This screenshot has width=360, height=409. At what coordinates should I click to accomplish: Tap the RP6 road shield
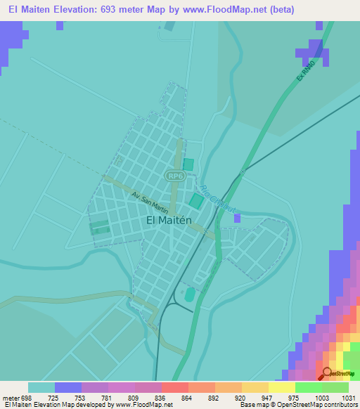pyautogui.click(x=175, y=176)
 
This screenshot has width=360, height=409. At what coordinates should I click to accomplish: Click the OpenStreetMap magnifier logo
pyautogui.click(x=327, y=373)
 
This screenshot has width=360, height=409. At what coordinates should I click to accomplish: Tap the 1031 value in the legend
pyautogui.click(x=347, y=397)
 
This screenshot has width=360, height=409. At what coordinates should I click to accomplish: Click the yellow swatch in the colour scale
pyautogui.click(x=281, y=387)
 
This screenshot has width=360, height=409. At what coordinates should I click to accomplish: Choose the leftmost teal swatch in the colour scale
pyautogui.click(x=41, y=387)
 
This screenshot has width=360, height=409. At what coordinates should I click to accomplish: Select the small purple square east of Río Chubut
pyautogui.click(x=237, y=218)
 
